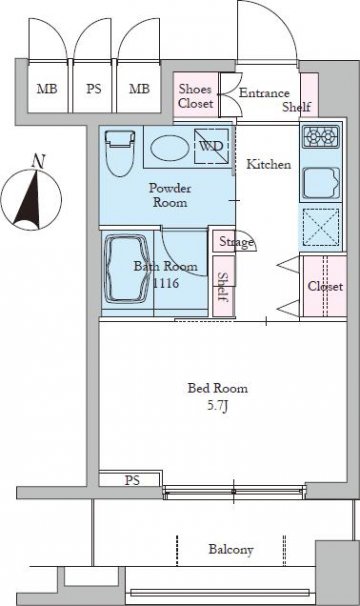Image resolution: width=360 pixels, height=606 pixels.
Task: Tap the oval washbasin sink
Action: pos(170,148)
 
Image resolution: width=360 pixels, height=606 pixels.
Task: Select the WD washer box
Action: pos(211,146)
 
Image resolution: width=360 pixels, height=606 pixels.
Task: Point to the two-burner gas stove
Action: pos(321,137)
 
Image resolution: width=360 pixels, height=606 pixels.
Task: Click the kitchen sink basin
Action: pos(321,183)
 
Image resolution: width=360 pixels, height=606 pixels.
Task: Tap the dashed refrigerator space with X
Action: pos(321,227)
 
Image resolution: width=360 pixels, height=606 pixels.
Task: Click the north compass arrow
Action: pos(30,198)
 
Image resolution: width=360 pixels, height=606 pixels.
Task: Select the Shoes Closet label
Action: pos(196,96)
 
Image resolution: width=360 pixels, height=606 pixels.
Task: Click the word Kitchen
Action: pos(269,164)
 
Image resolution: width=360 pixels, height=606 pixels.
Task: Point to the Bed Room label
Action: pos(218,388)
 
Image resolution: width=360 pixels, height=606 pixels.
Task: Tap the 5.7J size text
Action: pos(218,406)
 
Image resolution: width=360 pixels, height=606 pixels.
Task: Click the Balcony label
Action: pos(231,550)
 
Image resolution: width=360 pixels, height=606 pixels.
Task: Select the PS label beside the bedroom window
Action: pos(132,480)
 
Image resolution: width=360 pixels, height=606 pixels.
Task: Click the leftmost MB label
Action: pos(47,89)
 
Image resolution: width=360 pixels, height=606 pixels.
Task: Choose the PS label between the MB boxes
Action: pos(94,89)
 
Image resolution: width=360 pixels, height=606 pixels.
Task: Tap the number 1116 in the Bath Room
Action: pos(166,283)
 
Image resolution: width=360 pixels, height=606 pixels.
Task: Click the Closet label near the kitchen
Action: pos(325,286)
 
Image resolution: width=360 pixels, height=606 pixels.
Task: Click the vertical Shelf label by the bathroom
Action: pos(223,287)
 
